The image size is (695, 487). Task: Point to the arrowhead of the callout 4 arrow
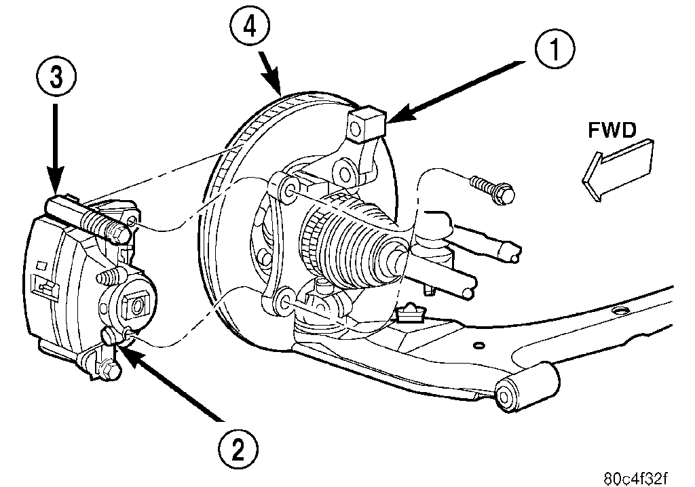[278, 90]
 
